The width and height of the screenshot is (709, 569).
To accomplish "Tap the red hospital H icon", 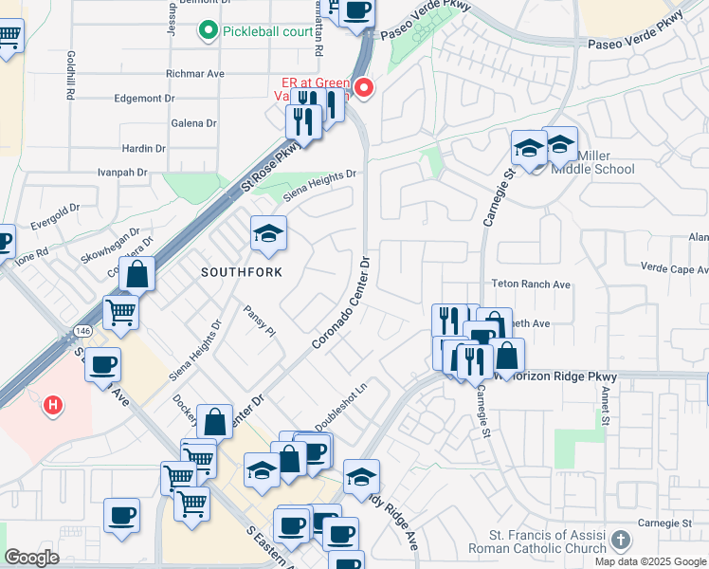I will click(53, 406).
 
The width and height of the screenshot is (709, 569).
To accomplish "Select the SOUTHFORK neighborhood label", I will click(242, 271).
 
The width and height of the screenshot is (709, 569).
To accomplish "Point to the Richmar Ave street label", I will click(194, 73).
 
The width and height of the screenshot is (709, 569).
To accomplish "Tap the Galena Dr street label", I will click(193, 123).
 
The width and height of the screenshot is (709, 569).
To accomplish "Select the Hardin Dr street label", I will click(144, 149).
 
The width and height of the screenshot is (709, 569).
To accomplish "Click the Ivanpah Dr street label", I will click(123, 173).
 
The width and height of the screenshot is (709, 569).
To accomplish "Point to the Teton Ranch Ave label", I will click(531, 284).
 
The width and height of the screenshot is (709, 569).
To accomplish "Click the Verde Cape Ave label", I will click(675, 268).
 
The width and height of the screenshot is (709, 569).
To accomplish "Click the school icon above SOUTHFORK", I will click(268, 234).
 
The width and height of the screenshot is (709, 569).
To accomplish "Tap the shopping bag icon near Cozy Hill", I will click(138, 275).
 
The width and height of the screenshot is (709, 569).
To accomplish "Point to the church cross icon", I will click(621, 541).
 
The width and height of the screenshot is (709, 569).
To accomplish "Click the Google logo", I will click(31, 558).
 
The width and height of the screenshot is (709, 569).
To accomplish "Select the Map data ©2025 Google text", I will click(649, 561).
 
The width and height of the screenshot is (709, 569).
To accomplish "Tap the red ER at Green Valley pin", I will click(363, 90).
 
